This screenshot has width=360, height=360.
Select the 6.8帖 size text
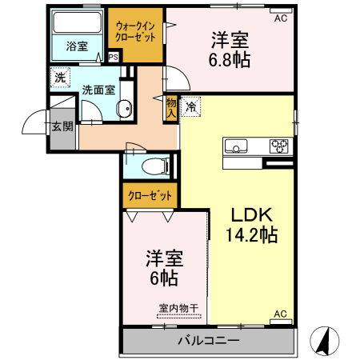(x=230, y=59)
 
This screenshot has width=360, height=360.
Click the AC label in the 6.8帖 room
(x=281, y=17)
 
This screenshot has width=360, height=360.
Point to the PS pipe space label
(x=113, y=57)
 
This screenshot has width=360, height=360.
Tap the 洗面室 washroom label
(x=98, y=89)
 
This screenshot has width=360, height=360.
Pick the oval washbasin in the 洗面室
(x=123, y=110)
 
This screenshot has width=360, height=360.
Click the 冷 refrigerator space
(x=192, y=105)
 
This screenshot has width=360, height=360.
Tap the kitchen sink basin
(x=236, y=146)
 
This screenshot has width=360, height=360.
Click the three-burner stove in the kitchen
(x=279, y=146)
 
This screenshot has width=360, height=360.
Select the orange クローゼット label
(x=150, y=195)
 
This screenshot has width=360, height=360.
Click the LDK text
(x=253, y=214)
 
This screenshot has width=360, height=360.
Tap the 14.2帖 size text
(x=251, y=236)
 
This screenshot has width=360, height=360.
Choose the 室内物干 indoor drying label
(x=178, y=307)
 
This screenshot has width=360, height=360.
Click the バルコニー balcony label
(x=208, y=341)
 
